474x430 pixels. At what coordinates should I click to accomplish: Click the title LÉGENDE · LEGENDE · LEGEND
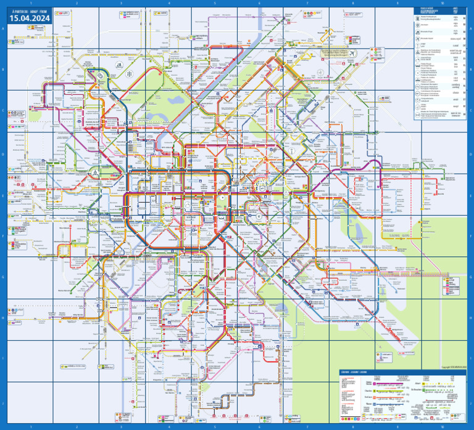point(352,371)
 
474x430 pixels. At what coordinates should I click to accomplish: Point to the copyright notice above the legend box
point(454,367)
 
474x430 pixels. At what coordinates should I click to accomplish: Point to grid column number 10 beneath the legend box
point(442,426)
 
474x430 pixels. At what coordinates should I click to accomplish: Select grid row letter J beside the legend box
point(470,403)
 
